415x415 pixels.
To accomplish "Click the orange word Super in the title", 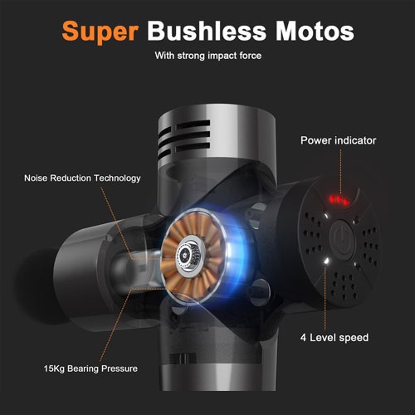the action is [x=100, y=32].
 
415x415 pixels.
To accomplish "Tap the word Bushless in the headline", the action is [x=206, y=31].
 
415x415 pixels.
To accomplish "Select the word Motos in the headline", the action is [x=315, y=31].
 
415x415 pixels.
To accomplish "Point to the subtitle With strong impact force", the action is [x=208, y=56].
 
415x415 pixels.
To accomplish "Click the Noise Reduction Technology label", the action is [x=82, y=178].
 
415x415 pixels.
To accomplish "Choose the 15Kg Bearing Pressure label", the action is [x=90, y=369].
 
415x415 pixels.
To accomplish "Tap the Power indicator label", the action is [x=339, y=140].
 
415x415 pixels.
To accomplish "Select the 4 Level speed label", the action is [x=334, y=338].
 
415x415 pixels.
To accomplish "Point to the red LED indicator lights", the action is [x=339, y=200].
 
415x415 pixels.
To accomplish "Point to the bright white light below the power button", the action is [x=327, y=261].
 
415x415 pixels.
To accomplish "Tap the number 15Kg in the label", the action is [x=54, y=369].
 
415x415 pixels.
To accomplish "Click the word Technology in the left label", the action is [x=117, y=178].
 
